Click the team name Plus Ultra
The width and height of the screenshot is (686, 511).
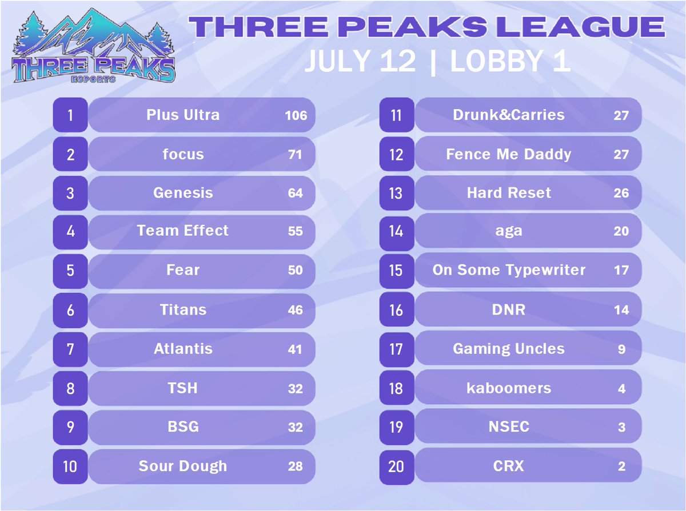point(183,115)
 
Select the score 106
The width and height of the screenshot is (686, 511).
point(296,115)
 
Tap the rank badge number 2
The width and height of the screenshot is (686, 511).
point(70,154)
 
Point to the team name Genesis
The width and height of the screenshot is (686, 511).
point(183,193)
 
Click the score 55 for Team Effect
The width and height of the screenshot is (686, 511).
point(296,232)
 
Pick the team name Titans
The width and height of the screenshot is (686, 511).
point(183,310)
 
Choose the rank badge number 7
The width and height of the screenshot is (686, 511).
point(70,349)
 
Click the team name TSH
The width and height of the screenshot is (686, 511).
point(183,388)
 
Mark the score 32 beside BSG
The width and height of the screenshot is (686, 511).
point(296,427)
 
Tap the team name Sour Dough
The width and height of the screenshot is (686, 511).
point(183,466)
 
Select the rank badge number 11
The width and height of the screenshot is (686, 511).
point(396,115)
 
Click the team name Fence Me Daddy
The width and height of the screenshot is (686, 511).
point(509,154)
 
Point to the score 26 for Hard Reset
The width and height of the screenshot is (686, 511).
point(621,193)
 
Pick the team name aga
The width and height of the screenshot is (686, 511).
point(509,232)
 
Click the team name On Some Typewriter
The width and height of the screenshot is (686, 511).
point(509,270)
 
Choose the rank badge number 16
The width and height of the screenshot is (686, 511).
point(396,310)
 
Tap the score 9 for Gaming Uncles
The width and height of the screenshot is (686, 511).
point(621,349)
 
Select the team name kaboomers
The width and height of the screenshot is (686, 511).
point(509,388)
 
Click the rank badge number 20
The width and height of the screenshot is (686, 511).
point(396,466)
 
